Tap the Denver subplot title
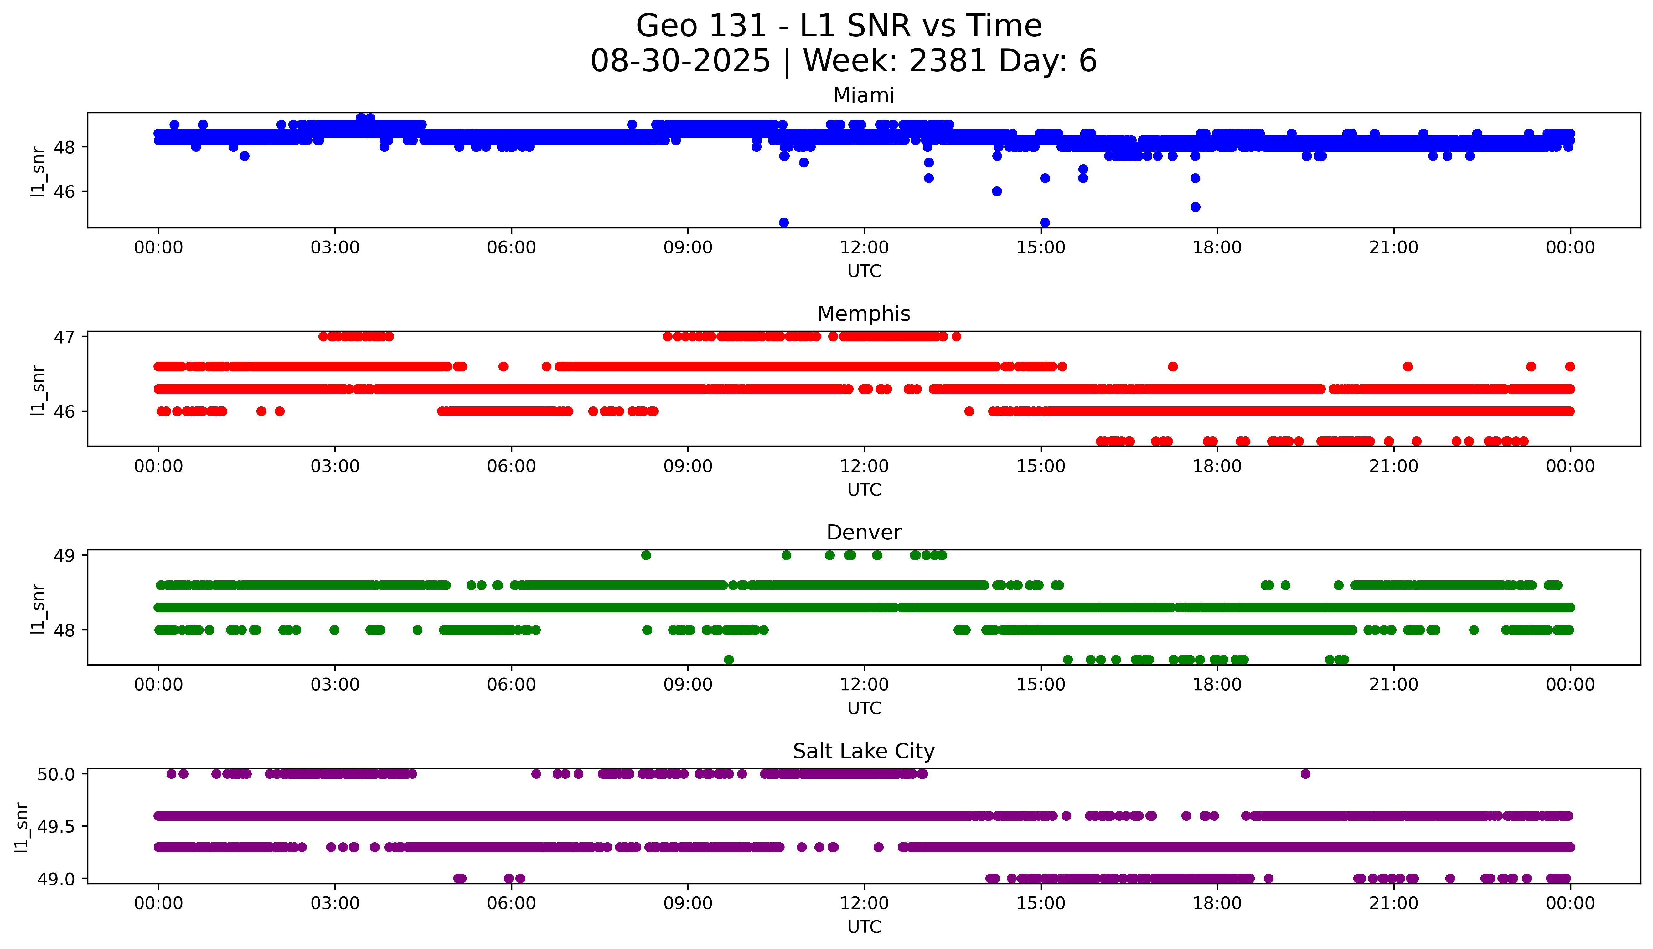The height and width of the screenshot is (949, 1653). coord(863,533)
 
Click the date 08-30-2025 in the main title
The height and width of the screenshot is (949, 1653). coord(680,61)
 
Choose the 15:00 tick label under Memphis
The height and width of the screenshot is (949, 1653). coord(1041,466)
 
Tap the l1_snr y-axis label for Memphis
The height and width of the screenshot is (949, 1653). coord(38,390)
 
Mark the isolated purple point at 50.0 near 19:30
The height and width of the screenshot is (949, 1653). coord(1305,774)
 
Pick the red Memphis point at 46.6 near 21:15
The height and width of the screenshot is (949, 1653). coord(1407,366)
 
